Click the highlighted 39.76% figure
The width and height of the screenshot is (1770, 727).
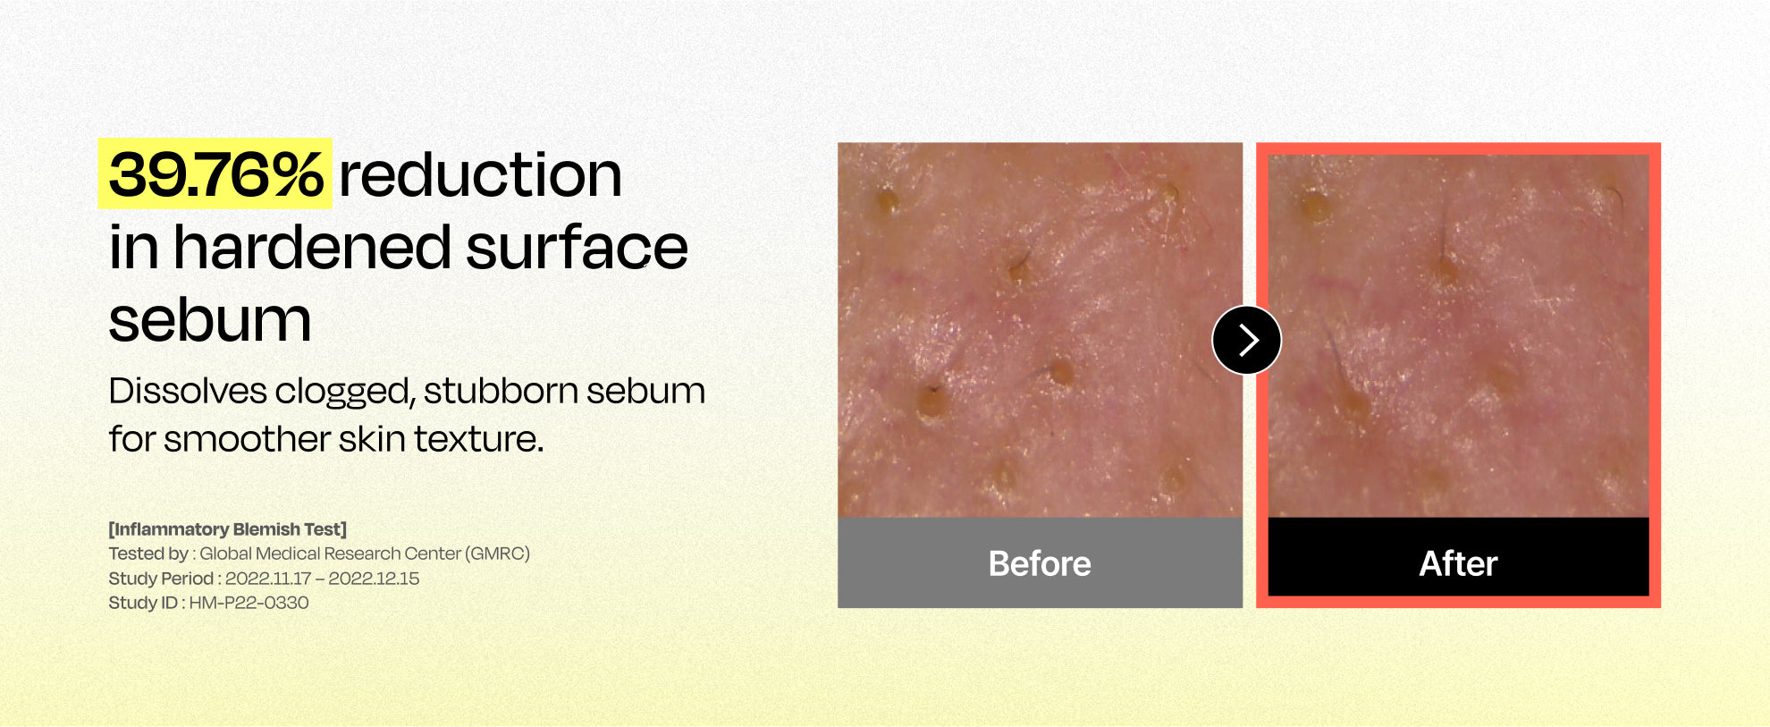(x=215, y=174)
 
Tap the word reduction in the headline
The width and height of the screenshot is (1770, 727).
(x=480, y=174)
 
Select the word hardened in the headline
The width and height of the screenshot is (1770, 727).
(x=312, y=247)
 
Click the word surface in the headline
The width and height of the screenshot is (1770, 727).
(x=577, y=248)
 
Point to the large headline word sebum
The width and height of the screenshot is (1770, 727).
(x=210, y=320)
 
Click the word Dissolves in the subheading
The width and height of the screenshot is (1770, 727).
(x=188, y=391)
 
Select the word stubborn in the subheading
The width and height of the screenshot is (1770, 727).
(x=501, y=391)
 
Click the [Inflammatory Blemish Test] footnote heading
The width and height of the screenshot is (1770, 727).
(x=228, y=529)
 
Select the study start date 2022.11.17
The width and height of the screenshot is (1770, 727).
(x=268, y=579)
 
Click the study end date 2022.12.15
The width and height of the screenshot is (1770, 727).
(x=374, y=579)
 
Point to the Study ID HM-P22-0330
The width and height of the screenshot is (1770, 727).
(x=249, y=603)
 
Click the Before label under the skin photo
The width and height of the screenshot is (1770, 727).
(x=1040, y=563)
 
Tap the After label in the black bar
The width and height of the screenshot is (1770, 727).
(x=1458, y=563)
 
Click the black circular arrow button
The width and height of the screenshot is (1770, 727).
(x=1247, y=340)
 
